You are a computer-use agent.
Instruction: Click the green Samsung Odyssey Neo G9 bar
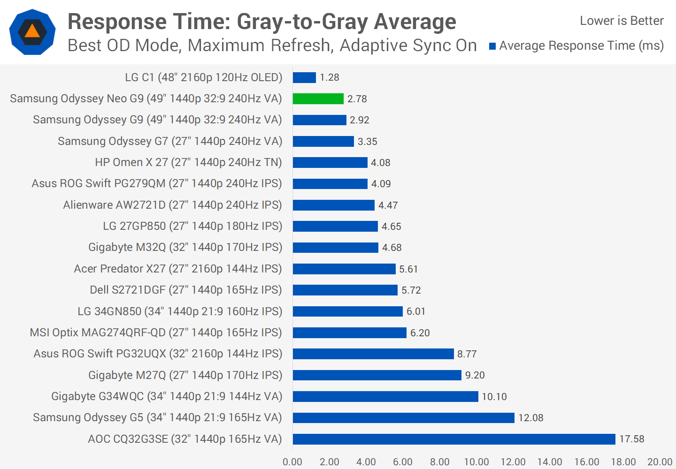[x=318, y=98]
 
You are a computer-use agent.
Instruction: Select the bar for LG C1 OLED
[x=304, y=77]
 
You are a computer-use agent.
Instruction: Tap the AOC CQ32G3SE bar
[x=453, y=439]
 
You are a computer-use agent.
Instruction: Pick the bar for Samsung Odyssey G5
[x=403, y=417]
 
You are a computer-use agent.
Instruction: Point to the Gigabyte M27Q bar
[x=377, y=375]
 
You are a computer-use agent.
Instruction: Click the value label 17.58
[x=631, y=439]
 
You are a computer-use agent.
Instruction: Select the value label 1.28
[x=330, y=77]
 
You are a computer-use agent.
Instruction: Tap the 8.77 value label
[x=467, y=354]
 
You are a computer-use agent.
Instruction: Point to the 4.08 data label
[x=380, y=163]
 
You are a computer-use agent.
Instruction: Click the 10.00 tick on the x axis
[x=476, y=462]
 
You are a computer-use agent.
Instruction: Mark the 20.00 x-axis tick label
[x=660, y=462]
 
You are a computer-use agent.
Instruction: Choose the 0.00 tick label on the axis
[x=292, y=462]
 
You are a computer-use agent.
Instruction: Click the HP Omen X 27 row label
[x=188, y=162]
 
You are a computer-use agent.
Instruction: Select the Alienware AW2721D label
[x=172, y=205]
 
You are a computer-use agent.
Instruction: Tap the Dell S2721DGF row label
[x=186, y=290]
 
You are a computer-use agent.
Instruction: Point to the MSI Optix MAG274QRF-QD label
[x=156, y=333]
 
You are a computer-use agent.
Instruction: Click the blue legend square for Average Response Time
[x=492, y=46]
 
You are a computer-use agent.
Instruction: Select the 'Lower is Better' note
[x=622, y=21]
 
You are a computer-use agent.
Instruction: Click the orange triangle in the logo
[x=32, y=31]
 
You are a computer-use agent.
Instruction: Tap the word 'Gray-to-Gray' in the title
[x=303, y=22]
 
